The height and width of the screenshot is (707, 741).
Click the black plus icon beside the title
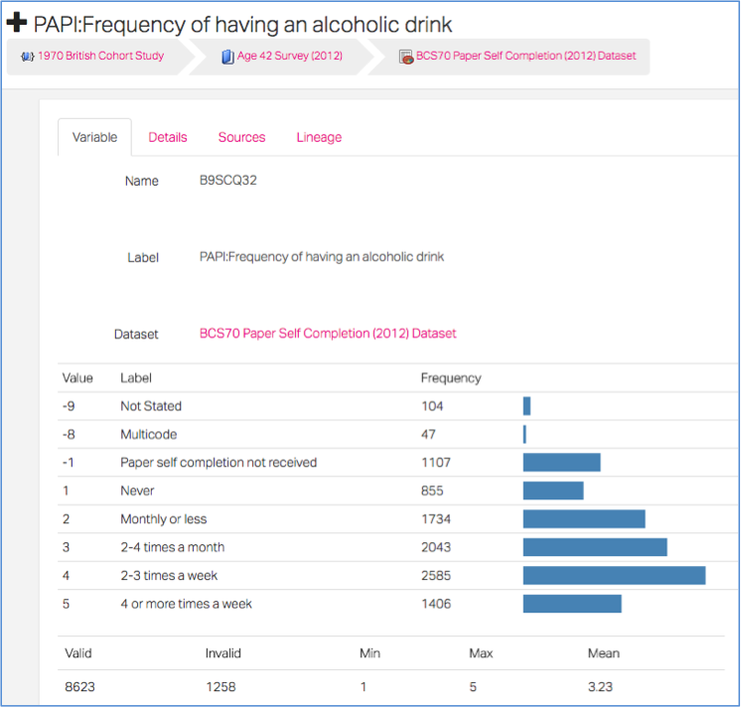(17, 23)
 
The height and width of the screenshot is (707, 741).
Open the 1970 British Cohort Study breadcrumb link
(100, 56)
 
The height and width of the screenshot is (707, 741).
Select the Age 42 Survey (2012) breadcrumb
(290, 56)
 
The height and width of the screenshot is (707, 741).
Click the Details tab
(168, 137)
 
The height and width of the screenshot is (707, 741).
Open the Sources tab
(241, 137)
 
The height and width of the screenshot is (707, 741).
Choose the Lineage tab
(319, 137)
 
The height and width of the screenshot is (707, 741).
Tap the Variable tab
(94, 137)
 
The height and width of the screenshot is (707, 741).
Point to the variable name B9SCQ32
(227, 181)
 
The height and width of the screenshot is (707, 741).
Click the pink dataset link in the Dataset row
(328, 334)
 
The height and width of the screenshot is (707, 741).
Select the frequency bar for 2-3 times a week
(614, 575)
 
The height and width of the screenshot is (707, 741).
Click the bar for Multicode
(524, 434)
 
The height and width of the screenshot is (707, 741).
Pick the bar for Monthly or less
(584, 519)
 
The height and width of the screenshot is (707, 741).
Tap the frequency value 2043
(436, 547)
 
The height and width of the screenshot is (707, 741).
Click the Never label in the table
(137, 491)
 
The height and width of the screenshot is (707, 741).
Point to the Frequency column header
(451, 378)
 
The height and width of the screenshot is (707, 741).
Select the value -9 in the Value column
(69, 406)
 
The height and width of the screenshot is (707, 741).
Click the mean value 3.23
(600, 687)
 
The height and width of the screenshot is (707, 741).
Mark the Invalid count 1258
(221, 687)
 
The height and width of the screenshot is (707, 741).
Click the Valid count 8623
(79, 687)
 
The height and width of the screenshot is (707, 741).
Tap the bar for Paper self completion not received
(561, 463)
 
